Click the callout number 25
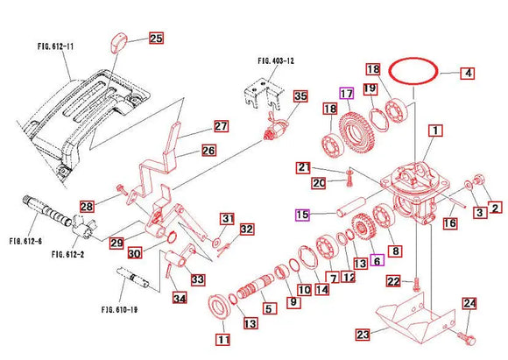tap(155, 39)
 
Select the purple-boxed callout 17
tap(347, 93)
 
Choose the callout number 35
tap(300, 95)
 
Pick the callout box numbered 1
tap(433, 131)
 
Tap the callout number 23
tap(362, 334)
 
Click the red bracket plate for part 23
tap(412, 317)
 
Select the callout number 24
tap(469, 304)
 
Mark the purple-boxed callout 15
tap(301, 215)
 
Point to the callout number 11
tap(222, 338)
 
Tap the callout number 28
tap(87, 207)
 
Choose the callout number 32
tap(247, 229)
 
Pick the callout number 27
tap(220, 126)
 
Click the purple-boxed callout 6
tap(377, 260)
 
